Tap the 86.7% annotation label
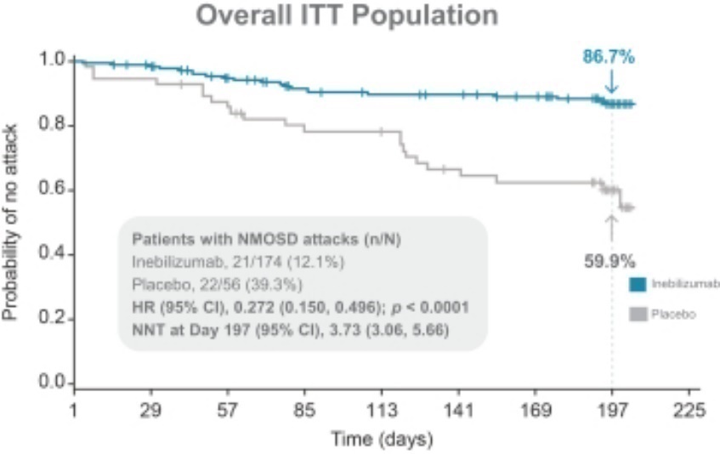[x=608, y=57]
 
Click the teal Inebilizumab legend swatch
[x=637, y=285]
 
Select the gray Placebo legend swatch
[x=637, y=314]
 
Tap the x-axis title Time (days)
[x=383, y=440]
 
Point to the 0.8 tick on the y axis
[x=54, y=126]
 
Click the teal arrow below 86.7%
[x=611, y=83]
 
